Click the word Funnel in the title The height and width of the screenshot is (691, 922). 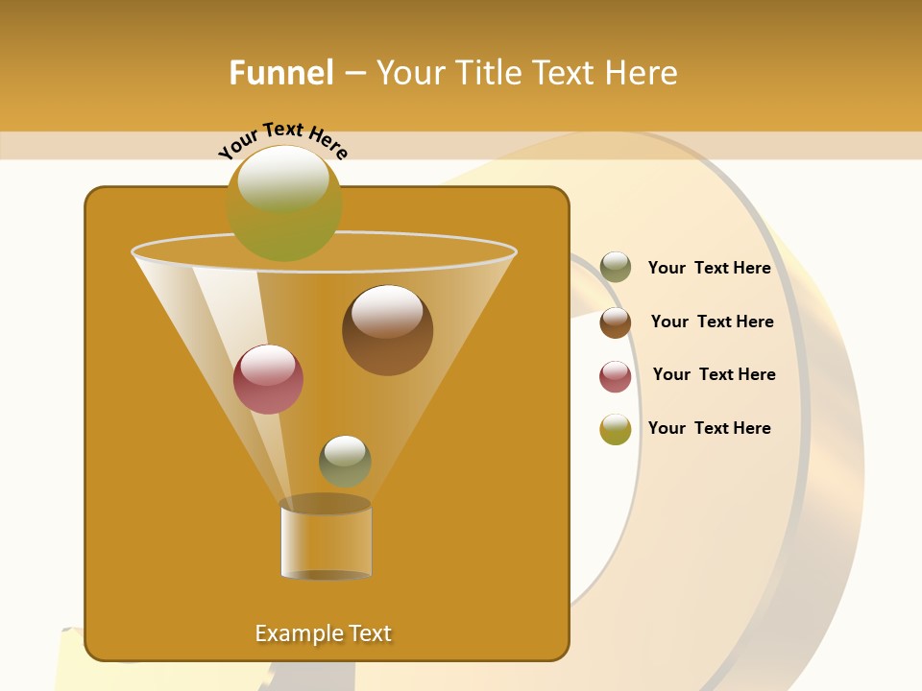pyautogui.click(x=280, y=73)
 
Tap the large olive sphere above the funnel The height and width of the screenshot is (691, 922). pyautogui.click(x=284, y=203)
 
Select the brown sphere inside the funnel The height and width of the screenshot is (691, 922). pyautogui.click(x=387, y=330)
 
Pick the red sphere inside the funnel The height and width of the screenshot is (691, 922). pyautogui.click(x=268, y=379)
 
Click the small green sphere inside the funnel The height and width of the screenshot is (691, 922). pyautogui.click(x=345, y=461)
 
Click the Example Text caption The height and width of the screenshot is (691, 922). pyautogui.click(x=323, y=633)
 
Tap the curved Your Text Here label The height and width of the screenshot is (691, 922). pyautogui.click(x=282, y=140)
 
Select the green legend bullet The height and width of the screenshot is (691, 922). pyautogui.click(x=616, y=268)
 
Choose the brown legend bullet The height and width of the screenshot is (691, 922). pyautogui.click(x=616, y=322)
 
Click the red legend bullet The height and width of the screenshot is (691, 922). pyautogui.click(x=616, y=376)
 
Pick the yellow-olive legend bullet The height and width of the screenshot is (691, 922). pyautogui.click(x=616, y=429)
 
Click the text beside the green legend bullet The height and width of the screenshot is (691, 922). pyautogui.click(x=709, y=269)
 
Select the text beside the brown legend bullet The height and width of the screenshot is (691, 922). pyautogui.click(x=712, y=322)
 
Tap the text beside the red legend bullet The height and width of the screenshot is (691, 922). pyautogui.click(x=714, y=375)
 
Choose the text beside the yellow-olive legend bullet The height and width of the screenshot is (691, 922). pyautogui.click(x=709, y=428)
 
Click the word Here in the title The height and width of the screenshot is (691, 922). pyautogui.click(x=642, y=73)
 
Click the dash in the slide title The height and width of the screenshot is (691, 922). pyautogui.click(x=354, y=74)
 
